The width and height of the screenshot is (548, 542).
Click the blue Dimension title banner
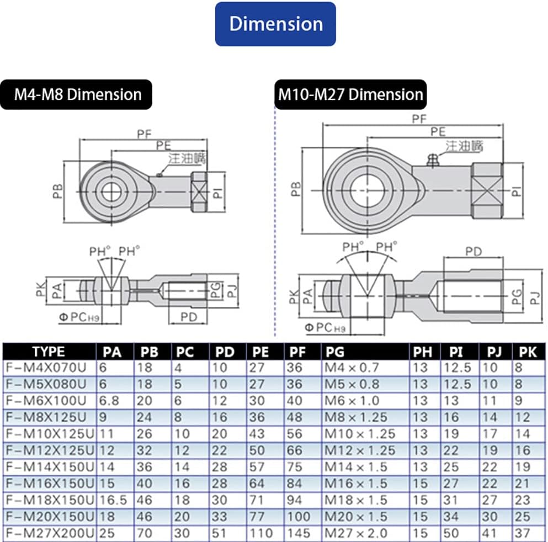click(x=275, y=24)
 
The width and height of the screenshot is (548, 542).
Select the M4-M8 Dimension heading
click(x=78, y=94)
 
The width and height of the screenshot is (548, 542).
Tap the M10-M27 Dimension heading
click(x=350, y=94)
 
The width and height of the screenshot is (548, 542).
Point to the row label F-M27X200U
click(x=50, y=533)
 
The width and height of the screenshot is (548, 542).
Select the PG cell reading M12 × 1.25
click(x=360, y=450)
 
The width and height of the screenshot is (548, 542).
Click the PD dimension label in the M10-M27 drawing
click(x=473, y=252)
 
